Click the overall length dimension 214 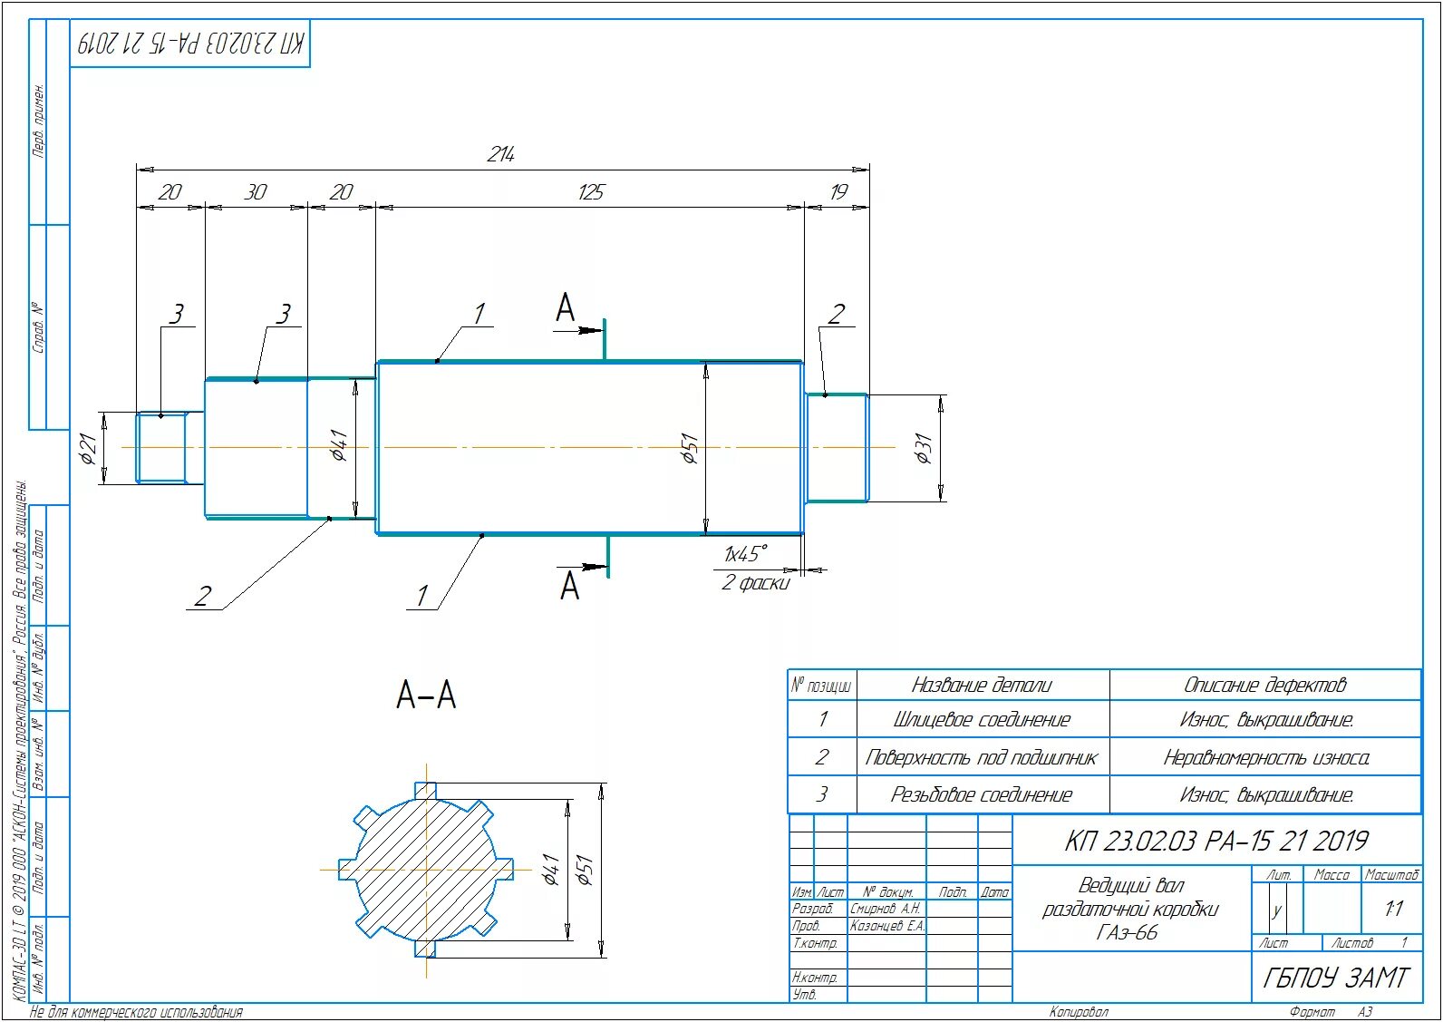pos(501,155)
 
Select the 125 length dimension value pos(590,192)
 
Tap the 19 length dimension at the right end pos(838,192)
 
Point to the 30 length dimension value pos(256,192)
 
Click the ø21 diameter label pos(88,448)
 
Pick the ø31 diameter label pos(924,448)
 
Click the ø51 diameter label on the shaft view pos(691,448)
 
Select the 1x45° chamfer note pos(745,553)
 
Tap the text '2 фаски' pos(755,583)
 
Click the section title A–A pos(426,696)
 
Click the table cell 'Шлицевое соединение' pos(982,720)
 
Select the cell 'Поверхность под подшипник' pos(982,757)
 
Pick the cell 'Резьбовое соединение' pos(982,795)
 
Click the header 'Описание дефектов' pos(1265,685)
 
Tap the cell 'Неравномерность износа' pos(1265,757)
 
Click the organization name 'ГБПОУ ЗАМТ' pos(1336,978)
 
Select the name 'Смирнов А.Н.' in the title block pos(886,909)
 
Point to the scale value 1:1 pos(1393,908)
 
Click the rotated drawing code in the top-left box pos(191,43)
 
